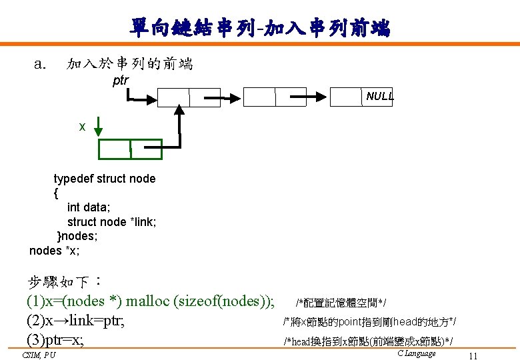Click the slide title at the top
point(260,28)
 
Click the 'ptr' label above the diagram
point(121,81)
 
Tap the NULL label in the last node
point(380,97)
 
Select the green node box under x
point(130,149)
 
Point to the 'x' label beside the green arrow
point(82,126)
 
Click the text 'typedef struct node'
point(105,179)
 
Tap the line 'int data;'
point(89,207)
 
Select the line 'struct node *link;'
point(112,222)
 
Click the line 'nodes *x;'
point(55,251)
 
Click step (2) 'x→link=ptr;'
point(75,321)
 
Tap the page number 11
point(473,355)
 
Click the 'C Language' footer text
point(416,353)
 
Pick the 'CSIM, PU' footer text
point(39,355)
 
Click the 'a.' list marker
point(40,64)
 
